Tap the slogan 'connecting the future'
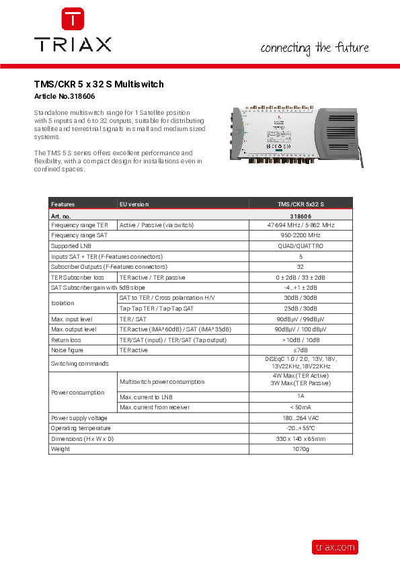point(315,48)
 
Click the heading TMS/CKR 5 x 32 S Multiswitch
point(99,85)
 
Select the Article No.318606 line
point(67,97)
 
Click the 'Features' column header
point(63,204)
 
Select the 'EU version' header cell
point(134,204)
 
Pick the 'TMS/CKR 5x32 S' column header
point(301,204)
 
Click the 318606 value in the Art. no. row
point(301,216)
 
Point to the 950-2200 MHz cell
point(301,236)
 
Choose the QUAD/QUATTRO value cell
point(301,247)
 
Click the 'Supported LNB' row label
point(71,247)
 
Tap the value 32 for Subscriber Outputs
point(301,267)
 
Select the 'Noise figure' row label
point(67,350)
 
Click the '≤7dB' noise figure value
point(301,350)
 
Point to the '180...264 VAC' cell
point(301,417)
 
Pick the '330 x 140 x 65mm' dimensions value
point(301,438)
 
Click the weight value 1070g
point(301,448)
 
